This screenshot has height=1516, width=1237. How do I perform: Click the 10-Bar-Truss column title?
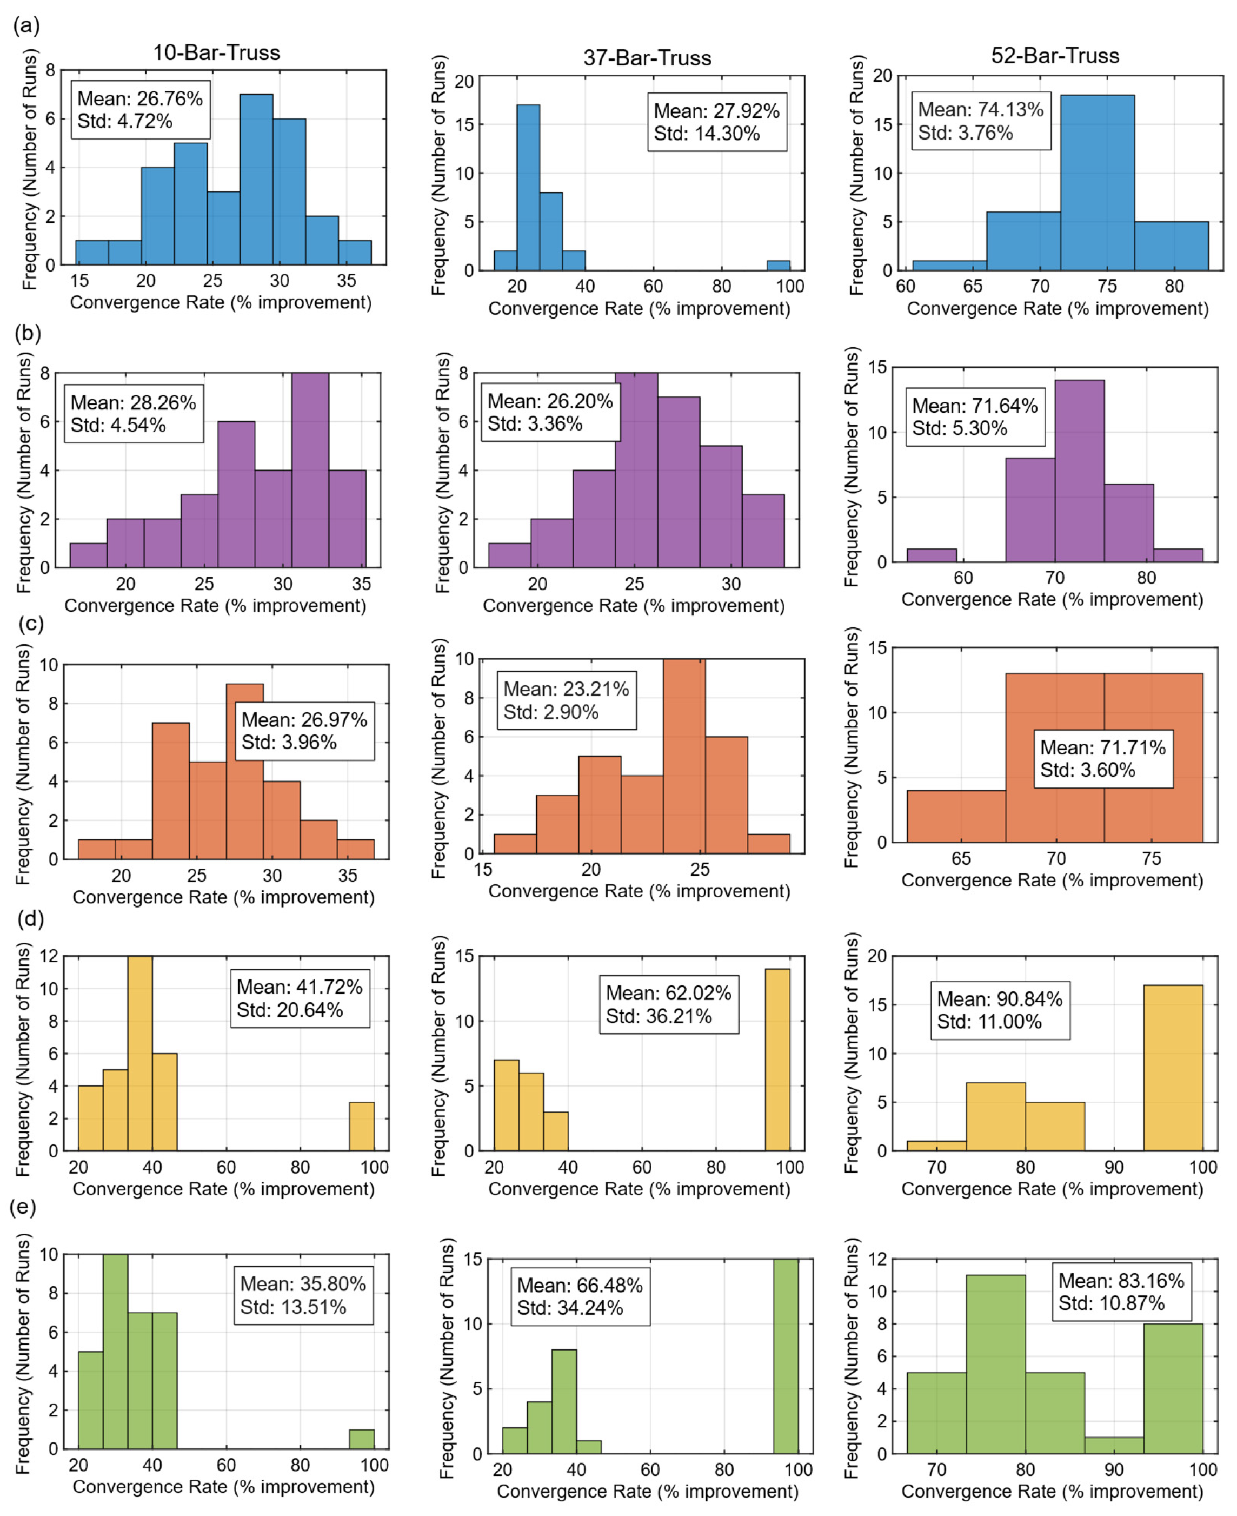tap(217, 53)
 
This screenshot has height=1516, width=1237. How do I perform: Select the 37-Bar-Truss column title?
tap(647, 58)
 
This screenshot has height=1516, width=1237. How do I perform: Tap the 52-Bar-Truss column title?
tap(1055, 56)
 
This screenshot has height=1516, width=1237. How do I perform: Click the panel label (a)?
tap(26, 27)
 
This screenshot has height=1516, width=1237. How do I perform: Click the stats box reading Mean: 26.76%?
tap(141, 110)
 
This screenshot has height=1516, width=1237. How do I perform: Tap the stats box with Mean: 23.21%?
tap(567, 700)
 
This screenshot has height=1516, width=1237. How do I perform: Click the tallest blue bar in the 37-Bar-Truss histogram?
tap(528, 188)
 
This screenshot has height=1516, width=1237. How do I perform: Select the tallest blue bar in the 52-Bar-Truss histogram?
tap(1098, 182)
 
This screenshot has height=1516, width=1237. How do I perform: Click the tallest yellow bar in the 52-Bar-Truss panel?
tap(1173, 1068)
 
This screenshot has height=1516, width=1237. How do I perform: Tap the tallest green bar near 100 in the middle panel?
tap(786, 1356)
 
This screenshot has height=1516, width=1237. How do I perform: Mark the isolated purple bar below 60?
tap(932, 555)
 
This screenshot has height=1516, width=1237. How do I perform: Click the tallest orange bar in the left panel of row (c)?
tap(244, 771)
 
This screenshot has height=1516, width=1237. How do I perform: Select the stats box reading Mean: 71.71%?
tap(1103, 758)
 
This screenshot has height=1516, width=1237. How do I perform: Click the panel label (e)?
tap(23, 1207)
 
